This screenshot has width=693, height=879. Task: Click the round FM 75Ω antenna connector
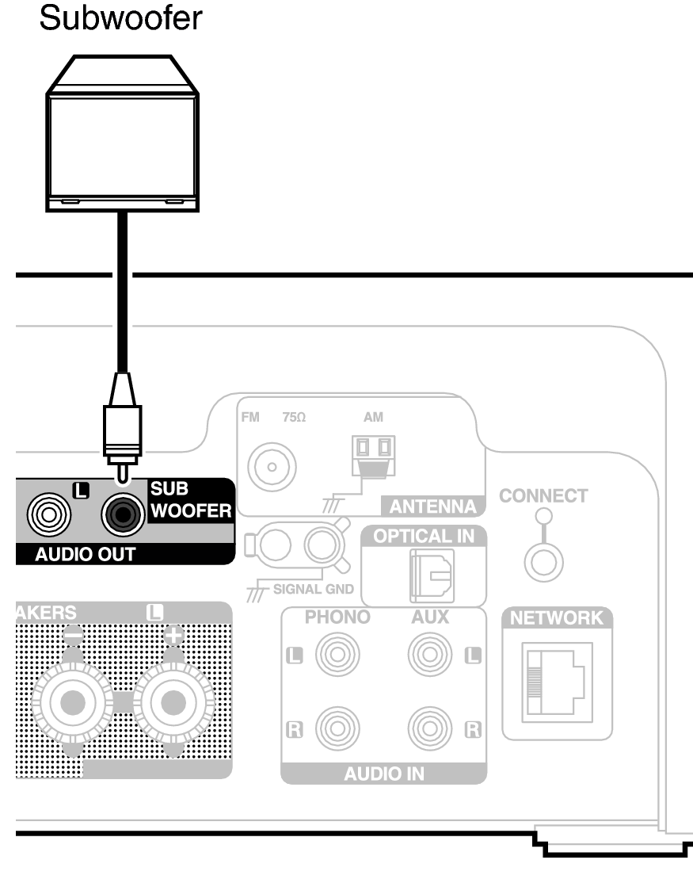point(270,465)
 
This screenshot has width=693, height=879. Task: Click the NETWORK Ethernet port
point(552,686)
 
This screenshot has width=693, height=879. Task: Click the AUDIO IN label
point(383,774)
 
